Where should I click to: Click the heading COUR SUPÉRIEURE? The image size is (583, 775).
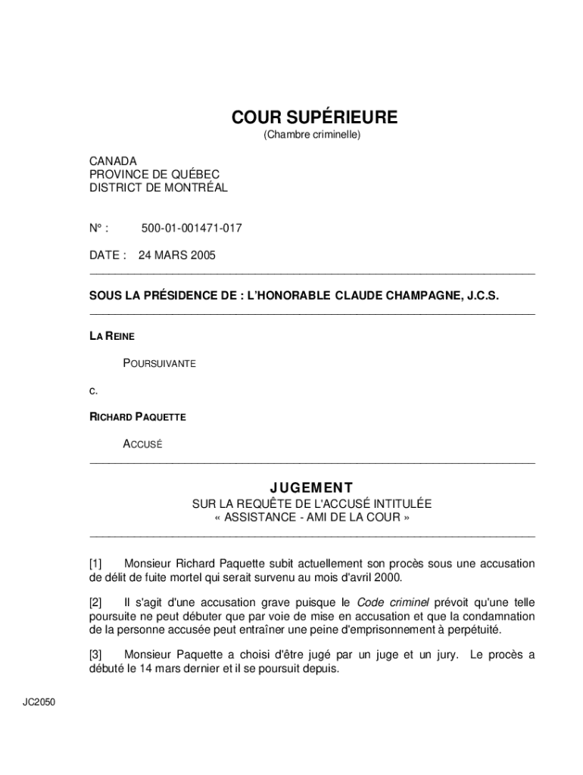click(313, 117)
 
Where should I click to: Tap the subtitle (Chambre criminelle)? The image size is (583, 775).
click(312, 135)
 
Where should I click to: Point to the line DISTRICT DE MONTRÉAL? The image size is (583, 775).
click(158, 188)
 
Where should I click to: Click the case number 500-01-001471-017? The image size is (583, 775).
click(192, 228)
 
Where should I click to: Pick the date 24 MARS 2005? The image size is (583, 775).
click(176, 255)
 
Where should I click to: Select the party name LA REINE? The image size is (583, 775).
click(112, 335)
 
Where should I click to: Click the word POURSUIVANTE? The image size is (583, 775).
click(159, 363)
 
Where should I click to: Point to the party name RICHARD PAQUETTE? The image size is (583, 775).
click(138, 417)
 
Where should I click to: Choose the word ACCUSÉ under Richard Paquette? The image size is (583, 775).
click(142, 444)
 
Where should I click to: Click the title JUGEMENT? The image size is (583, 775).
click(312, 487)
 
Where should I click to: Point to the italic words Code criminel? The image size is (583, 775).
click(393, 602)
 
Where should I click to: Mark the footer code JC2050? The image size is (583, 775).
click(39, 702)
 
